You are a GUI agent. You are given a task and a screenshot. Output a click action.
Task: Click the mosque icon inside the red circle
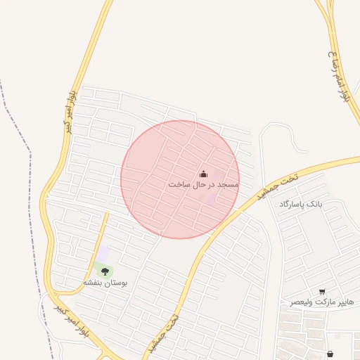(x=203, y=174)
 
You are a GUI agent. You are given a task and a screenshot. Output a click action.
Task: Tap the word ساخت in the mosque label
(x=179, y=184)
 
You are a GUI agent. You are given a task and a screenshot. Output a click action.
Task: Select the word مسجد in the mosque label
(x=228, y=184)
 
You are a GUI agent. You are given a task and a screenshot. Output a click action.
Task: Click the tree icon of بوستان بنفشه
(x=105, y=270)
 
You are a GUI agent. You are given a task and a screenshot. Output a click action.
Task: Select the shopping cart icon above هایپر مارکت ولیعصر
(x=322, y=291)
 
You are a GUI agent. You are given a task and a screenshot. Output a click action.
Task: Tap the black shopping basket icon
(x=330, y=354)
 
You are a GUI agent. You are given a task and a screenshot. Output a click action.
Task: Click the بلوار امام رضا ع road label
(x=340, y=77)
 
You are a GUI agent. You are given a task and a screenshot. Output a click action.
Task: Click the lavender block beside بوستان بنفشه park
(x=103, y=253)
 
